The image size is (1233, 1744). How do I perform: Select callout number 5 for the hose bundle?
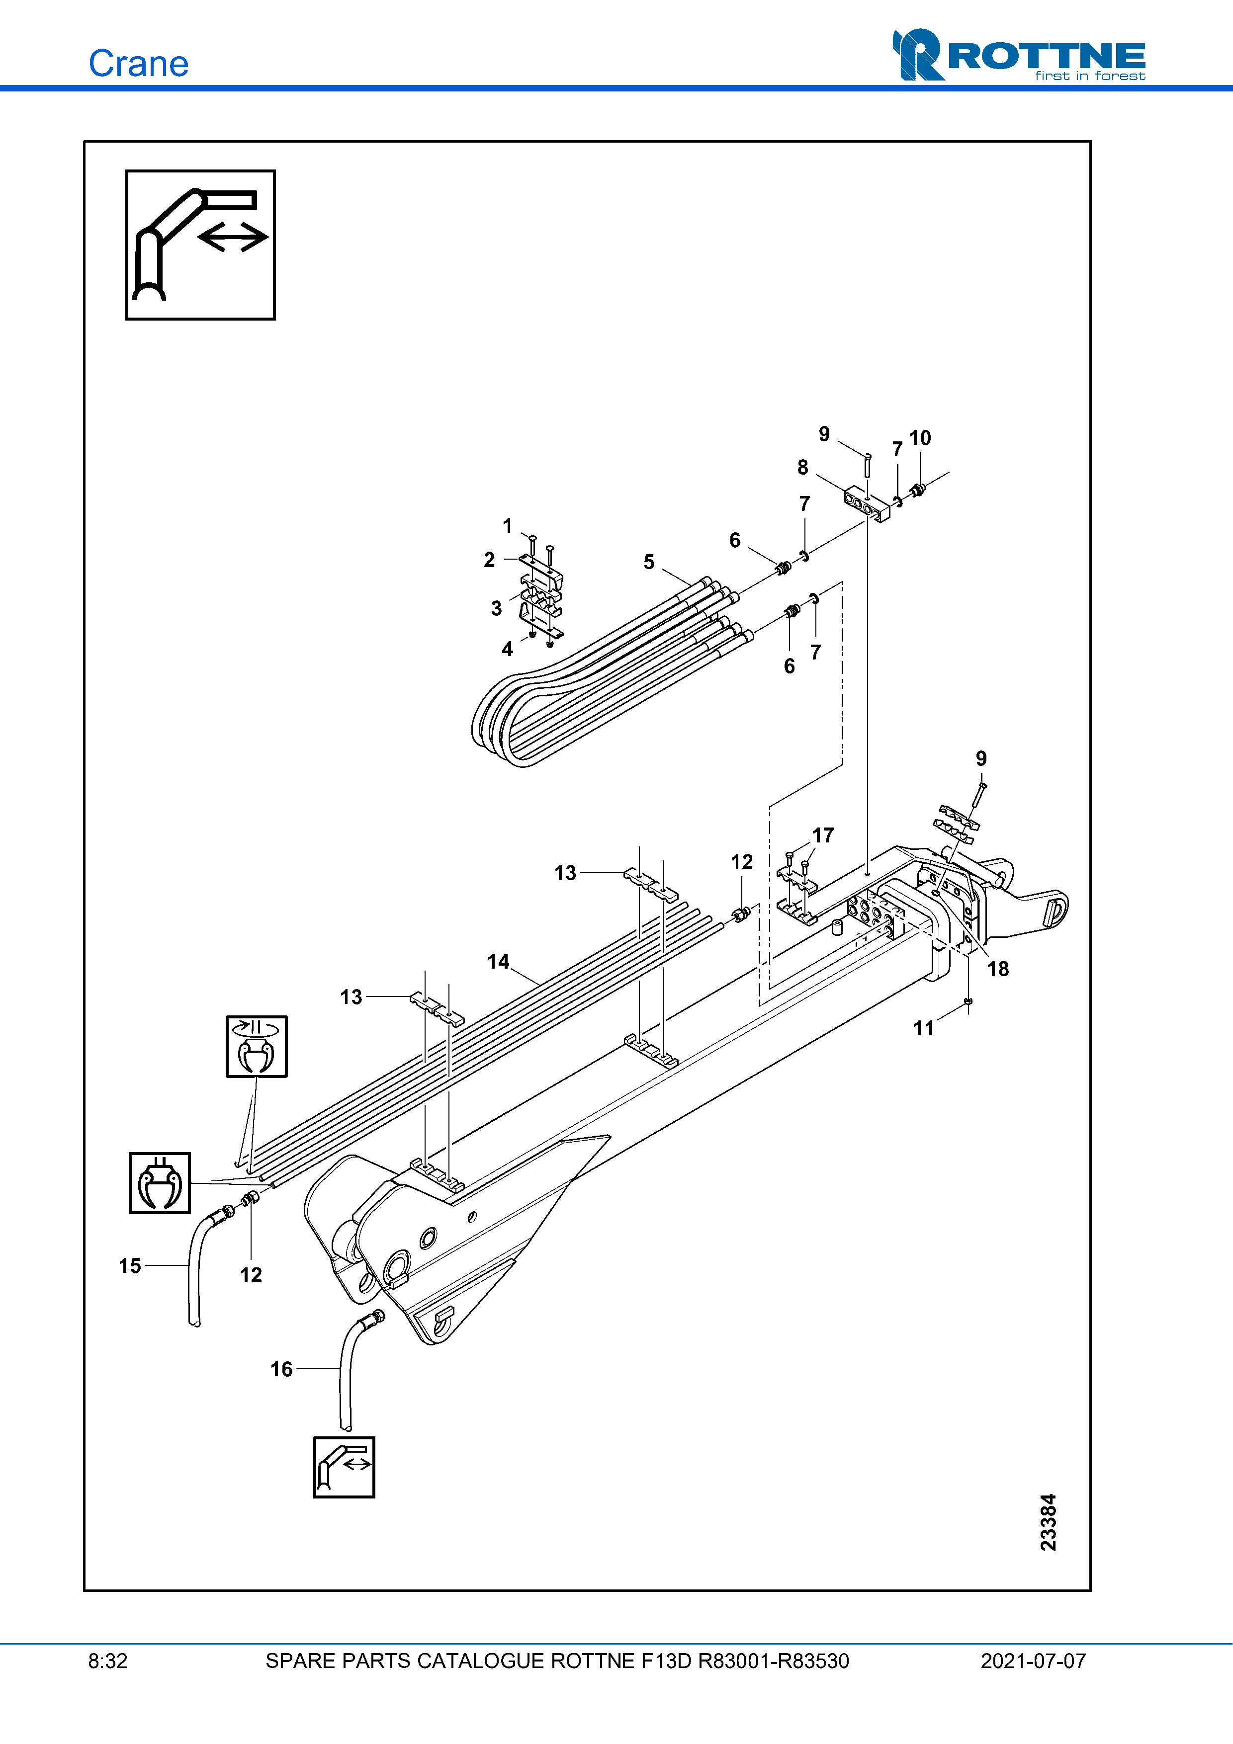[649, 562]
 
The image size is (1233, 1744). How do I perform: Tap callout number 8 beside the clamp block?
[802, 468]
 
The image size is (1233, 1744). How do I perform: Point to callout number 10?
[920, 438]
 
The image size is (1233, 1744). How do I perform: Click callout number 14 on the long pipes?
[498, 962]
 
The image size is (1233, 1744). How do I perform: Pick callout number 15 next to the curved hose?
[130, 1265]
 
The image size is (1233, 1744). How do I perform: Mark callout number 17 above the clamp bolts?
[823, 835]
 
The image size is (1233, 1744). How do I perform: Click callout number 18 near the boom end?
[997, 969]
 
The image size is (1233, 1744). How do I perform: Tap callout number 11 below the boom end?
[923, 1028]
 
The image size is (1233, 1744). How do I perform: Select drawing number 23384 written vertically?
[1049, 1522]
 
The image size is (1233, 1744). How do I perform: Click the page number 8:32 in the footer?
[108, 1661]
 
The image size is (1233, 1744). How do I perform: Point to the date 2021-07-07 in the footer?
[1033, 1661]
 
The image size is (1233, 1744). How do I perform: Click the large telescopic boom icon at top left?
[200, 245]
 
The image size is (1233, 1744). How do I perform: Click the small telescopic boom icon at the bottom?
[344, 1467]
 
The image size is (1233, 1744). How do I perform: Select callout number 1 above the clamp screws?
[508, 526]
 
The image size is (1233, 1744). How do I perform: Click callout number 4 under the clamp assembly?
[508, 649]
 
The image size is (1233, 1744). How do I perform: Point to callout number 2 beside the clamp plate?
[489, 560]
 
